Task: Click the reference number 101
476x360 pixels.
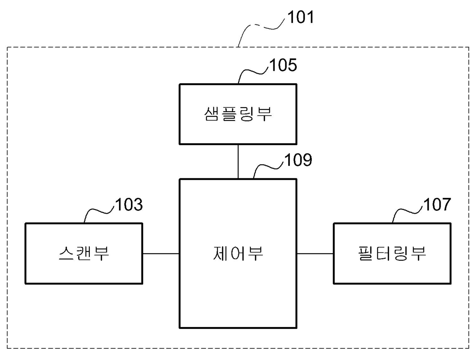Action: click(x=301, y=17)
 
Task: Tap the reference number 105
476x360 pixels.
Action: click(x=283, y=65)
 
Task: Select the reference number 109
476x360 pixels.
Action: click(x=298, y=160)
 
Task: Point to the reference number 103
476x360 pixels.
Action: click(x=129, y=204)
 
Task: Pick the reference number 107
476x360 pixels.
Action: click(x=437, y=204)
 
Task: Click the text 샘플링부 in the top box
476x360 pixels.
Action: click(x=238, y=114)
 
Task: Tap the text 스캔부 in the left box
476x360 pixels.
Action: click(x=84, y=253)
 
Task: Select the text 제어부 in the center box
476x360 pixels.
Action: click(x=238, y=253)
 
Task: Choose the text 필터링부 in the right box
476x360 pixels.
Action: click(x=392, y=253)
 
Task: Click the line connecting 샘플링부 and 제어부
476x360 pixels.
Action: click(x=238, y=161)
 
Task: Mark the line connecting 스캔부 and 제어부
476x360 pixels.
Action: click(x=161, y=254)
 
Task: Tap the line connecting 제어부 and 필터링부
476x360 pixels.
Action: click(x=315, y=254)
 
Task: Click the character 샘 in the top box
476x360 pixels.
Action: click(x=212, y=114)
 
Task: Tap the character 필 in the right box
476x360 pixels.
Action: click(x=365, y=253)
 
